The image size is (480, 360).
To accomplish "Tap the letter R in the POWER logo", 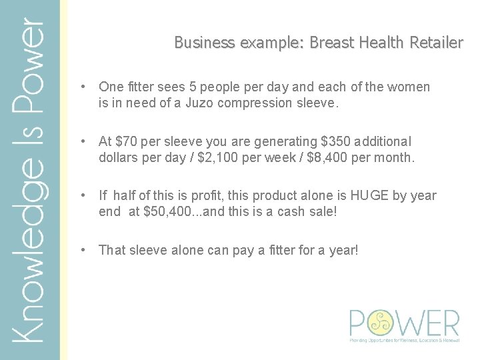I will point(449,323).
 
